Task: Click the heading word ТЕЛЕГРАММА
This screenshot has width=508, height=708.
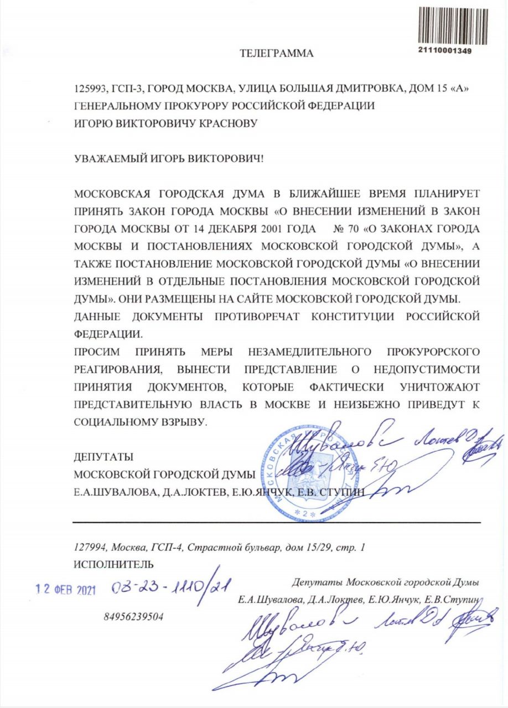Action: pos(277,54)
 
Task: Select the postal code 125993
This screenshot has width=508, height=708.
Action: pos(89,90)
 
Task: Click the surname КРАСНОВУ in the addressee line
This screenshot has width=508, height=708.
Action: pos(228,123)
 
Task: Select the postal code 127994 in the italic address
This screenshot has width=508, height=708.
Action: pos(91,547)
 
